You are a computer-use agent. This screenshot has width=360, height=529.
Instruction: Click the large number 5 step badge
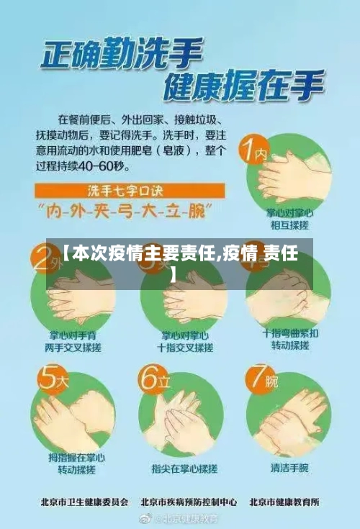pyautogui.click(x=50, y=380)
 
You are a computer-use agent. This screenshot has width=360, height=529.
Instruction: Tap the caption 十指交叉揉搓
pyautogui.click(x=186, y=348)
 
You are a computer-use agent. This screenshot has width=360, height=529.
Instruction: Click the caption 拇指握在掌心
pyautogui.click(x=76, y=457)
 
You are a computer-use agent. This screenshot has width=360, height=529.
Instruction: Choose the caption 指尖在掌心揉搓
pyautogui.click(x=184, y=468)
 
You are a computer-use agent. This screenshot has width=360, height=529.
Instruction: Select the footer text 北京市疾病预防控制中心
pyautogui.click(x=189, y=502)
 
